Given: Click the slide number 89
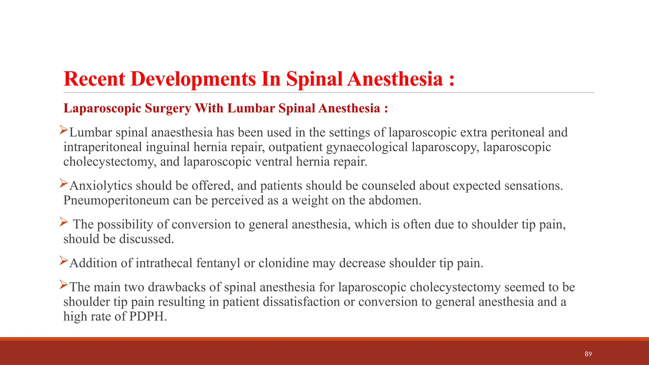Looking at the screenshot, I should (x=588, y=354).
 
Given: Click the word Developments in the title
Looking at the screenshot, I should (x=193, y=79).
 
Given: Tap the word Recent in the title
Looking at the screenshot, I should (x=94, y=79).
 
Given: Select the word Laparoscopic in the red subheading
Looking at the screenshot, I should (x=102, y=108).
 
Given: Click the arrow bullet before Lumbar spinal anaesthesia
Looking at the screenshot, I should (x=64, y=130).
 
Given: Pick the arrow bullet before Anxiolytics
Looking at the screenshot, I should (x=64, y=183).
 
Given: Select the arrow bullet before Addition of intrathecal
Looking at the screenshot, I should (x=64, y=260).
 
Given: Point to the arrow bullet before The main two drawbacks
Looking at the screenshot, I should (x=64, y=285).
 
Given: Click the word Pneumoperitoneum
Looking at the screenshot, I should (x=116, y=201).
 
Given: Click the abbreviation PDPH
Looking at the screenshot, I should (x=148, y=317).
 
